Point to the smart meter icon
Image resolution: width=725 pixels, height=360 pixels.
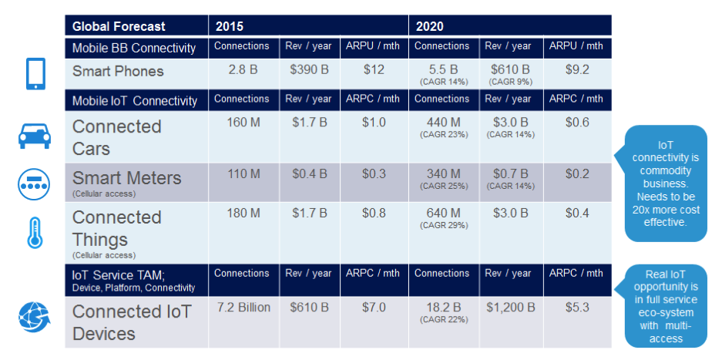pyautogui.click(x=33, y=184)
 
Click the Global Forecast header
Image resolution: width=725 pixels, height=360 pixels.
pyautogui.click(x=119, y=26)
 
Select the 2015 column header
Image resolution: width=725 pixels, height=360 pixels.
pyautogui.click(x=230, y=26)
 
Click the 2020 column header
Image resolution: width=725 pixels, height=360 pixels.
pyautogui.click(x=430, y=26)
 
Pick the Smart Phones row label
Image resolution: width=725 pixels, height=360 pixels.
pyautogui.click(x=118, y=72)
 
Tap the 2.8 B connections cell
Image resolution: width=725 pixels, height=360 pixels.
pyautogui.click(x=241, y=70)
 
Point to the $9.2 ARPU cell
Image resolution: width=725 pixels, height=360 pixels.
pyautogui.click(x=577, y=70)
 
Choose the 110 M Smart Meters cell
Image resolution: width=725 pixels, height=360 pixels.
pyautogui.click(x=241, y=173)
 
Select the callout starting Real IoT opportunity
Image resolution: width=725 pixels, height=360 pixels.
pyautogui.click(x=666, y=306)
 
